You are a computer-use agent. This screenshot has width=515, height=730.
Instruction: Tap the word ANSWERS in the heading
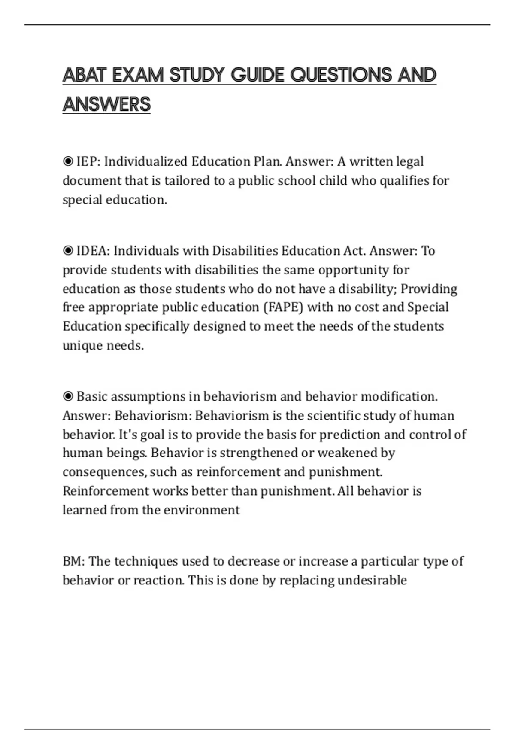(106, 104)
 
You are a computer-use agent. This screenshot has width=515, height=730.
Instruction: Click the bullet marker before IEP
(68, 161)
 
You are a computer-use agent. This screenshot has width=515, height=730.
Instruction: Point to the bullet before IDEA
(68, 251)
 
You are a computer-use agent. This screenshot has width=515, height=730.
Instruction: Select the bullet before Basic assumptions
(68, 396)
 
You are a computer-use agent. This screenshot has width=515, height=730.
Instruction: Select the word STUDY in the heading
(197, 75)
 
